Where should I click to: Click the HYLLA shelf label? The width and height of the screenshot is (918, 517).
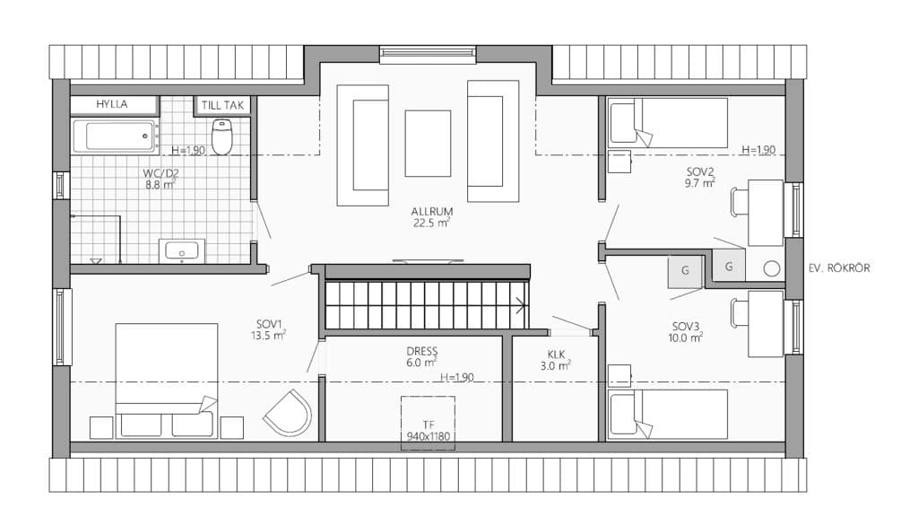pos(112,104)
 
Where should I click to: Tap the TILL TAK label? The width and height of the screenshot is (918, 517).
pos(222,106)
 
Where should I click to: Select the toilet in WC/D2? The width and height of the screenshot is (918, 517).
pos(221,136)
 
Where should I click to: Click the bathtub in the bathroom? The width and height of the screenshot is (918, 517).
pos(114,136)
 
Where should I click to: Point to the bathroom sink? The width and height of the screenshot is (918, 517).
pos(181,251)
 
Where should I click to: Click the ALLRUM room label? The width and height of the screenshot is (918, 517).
pos(431,212)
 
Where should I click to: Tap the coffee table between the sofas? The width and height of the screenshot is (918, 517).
pos(428,143)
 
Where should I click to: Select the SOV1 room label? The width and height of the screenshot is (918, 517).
pos(269,324)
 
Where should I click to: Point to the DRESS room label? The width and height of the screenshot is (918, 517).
pos(421,351)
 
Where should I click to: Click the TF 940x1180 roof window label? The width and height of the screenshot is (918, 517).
pos(428,431)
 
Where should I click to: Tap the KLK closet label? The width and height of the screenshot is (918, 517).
pos(556,355)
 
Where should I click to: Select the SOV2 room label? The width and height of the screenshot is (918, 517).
pos(700,171)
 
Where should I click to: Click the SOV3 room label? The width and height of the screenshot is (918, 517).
pos(686,327)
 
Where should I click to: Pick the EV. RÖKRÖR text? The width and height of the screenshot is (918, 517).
pos(839,268)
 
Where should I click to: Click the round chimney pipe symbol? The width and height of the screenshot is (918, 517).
pos(772,269)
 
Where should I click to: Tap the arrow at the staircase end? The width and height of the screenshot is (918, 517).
pos(520,305)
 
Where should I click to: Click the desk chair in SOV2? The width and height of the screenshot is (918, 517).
pos(740,202)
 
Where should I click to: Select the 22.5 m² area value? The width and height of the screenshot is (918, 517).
pos(431,223)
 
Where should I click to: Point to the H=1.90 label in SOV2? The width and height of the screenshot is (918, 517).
pos(758,150)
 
